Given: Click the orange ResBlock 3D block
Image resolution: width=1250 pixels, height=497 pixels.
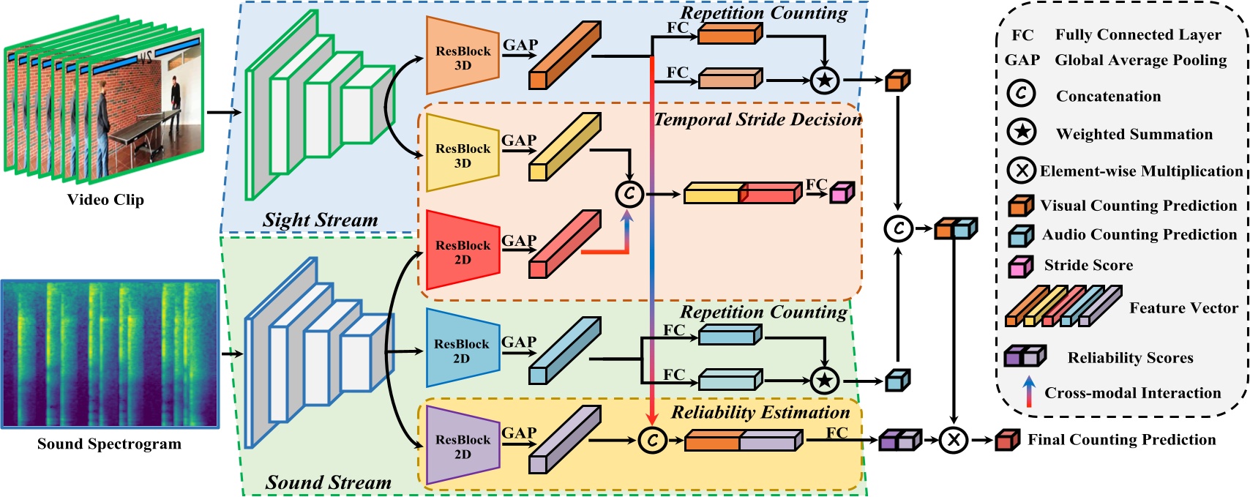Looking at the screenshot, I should pos(462,56).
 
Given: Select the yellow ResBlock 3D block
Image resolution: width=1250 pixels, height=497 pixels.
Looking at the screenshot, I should pos(462,154).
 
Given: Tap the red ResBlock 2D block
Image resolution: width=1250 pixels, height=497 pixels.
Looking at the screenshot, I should pos(462,251).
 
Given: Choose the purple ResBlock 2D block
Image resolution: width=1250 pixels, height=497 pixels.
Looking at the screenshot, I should pos(462,446).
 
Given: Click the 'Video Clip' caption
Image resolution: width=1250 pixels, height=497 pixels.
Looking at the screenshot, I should pos(105,200).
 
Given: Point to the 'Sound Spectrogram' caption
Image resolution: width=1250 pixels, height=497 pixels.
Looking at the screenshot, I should pos(109,444).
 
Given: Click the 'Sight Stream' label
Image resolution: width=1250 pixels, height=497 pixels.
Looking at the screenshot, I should pos(321,220).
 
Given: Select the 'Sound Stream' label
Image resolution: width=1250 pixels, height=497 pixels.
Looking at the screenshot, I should pos(328,482).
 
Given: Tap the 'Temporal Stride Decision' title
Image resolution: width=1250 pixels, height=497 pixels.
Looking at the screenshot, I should pos(757,119).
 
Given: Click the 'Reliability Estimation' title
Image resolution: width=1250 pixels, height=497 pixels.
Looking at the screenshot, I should pos(760,412).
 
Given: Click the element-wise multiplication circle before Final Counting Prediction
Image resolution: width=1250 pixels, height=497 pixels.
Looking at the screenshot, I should pos(954,440).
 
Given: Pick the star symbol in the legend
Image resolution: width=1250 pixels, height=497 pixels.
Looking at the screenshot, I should pos(1022,132).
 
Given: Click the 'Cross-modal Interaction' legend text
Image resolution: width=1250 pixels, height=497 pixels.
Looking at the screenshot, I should pos(1132,393).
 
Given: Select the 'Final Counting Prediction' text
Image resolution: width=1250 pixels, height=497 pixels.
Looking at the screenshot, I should pos(1121,439).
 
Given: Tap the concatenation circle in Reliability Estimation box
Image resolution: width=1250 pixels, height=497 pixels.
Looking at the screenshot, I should pos(652,440).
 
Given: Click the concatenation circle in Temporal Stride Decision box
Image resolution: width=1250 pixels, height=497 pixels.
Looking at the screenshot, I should pos(629,194).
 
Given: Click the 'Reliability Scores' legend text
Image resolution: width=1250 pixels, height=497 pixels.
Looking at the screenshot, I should pos(1130,358).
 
